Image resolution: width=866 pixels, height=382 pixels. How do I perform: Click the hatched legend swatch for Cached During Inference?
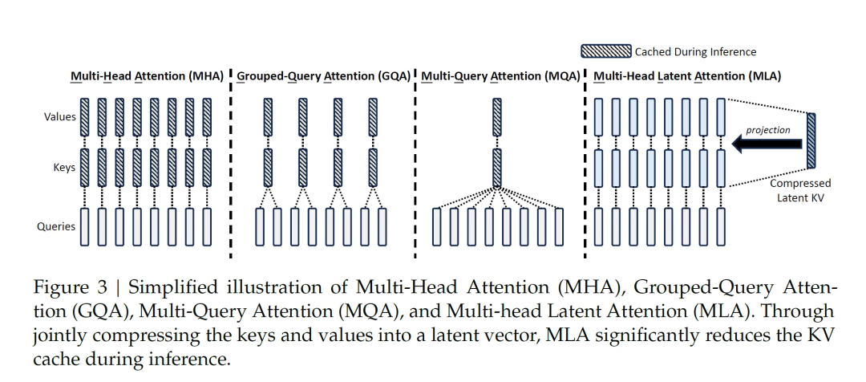606,51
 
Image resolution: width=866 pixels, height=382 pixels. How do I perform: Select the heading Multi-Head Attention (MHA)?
147,76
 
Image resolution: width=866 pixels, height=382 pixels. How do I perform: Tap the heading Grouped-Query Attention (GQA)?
324,76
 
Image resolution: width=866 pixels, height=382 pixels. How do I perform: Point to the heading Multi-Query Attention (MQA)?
500,76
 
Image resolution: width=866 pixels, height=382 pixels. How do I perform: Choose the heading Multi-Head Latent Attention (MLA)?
687,76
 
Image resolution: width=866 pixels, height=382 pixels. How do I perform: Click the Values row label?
60,116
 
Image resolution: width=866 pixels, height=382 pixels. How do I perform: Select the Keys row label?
65,167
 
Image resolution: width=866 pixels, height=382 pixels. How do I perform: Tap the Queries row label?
56,226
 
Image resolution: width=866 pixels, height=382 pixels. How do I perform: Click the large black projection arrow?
767,144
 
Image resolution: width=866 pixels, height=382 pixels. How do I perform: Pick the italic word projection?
767,130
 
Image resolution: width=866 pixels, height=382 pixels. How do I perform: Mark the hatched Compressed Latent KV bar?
811,140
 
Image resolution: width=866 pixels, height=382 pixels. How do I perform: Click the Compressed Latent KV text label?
800,190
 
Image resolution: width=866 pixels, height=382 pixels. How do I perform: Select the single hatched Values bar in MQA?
497,117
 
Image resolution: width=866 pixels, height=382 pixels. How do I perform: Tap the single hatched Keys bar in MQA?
497,168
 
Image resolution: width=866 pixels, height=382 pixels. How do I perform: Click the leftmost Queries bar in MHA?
84,226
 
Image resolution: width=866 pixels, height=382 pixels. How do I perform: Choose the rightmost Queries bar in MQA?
559,226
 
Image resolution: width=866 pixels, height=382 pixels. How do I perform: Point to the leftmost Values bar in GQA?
268,117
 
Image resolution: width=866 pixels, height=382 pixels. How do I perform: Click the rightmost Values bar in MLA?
721,117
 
